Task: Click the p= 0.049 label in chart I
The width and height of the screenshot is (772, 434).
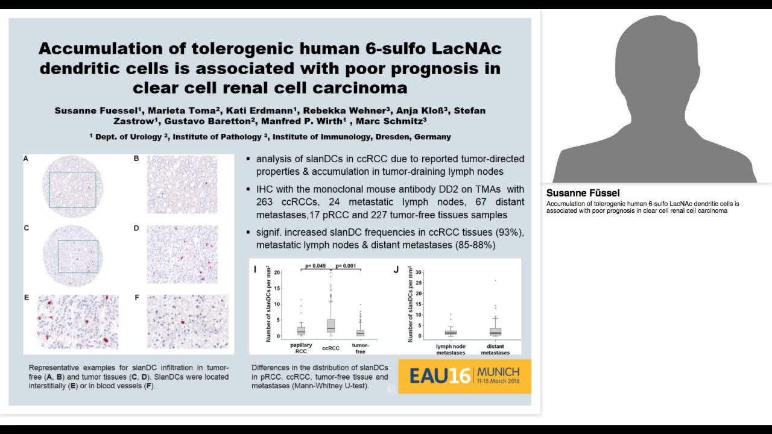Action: tap(315, 265)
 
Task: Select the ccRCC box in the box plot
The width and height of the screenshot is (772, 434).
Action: tap(331, 325)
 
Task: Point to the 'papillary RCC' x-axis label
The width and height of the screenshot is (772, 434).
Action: tap(301, 348)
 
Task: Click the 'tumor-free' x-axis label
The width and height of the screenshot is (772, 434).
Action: tap(360, 348)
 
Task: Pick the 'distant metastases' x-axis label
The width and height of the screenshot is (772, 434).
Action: tap(495, 349)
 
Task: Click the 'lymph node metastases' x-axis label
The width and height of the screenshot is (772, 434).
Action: tap(451, 349)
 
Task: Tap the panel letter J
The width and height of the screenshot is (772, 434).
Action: tap(396, 269)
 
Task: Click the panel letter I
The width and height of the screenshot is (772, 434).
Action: tap(255, 269)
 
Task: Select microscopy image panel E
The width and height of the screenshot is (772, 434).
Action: tap(78, 322)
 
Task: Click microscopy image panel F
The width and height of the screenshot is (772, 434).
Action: tap(188, 322)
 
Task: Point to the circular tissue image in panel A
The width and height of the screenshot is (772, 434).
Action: tap(72, 187)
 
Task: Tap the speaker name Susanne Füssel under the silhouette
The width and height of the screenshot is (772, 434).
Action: tap(583, 193)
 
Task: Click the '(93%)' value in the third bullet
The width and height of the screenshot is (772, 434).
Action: tap(510, 232)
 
